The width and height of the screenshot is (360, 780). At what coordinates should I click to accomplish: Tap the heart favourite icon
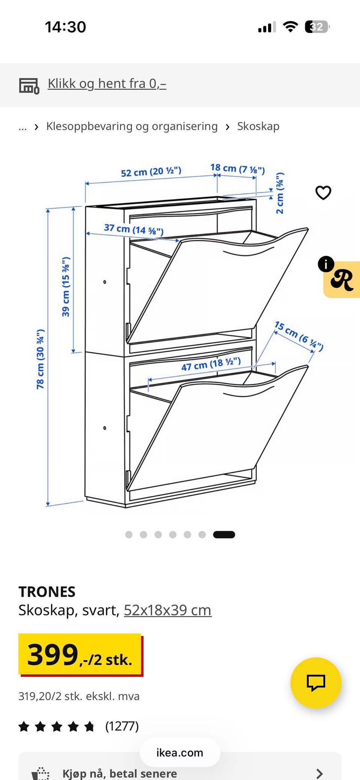pos(323,193)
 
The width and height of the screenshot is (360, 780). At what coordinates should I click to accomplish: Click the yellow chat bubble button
pos(316,683)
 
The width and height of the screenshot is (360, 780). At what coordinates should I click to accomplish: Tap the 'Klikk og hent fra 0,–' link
pos(107,84)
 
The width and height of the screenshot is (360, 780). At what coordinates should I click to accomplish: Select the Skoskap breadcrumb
pos(258,126)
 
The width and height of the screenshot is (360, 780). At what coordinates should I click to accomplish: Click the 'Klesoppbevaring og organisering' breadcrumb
pos(132,126)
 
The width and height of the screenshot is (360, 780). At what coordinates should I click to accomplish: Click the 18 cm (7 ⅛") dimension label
pos(237,169)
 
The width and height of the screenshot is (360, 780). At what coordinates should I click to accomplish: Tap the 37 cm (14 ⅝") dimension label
pos(134,229)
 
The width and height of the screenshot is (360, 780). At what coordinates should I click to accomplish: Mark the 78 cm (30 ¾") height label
pos(40,359)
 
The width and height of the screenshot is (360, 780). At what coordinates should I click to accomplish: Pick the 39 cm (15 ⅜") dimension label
pos(66,287)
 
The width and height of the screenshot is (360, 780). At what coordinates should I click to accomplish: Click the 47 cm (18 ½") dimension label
pos(211,364)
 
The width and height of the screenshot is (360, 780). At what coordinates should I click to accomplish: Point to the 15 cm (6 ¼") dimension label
pos(299,336)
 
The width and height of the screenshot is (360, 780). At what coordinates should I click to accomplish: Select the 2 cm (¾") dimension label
pos(280,193)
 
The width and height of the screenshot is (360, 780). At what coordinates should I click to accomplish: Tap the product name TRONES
pos(47,592)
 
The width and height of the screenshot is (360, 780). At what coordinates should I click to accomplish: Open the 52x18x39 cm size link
pos(168,610)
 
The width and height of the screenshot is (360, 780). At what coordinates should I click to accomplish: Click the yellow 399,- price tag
pos(80,654)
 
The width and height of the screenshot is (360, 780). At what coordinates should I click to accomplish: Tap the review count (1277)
pos(122,726)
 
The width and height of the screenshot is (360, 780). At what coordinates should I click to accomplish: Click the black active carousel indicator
pos(224,534)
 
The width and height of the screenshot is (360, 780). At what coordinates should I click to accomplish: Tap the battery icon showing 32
pos(317,27)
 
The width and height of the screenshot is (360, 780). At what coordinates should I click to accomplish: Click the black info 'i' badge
pos(326,264)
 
